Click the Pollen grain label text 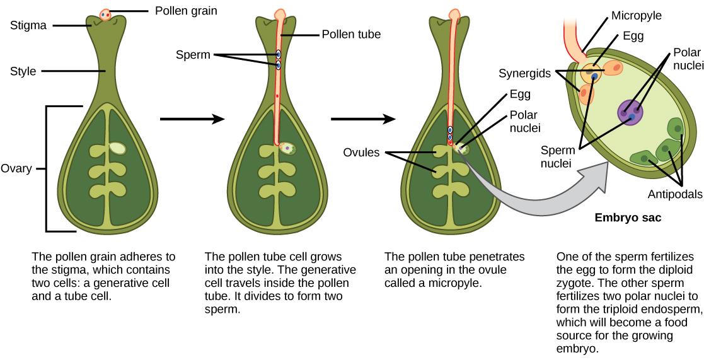coord(182,11)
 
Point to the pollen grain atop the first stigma coord(105,14)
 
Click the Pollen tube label coord(351,35)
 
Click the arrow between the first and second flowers coord(192,118)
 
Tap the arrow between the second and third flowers coord(363,118)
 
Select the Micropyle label coord(636,16)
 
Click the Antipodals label coord(674,195)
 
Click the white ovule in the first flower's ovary coord(118,148)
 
